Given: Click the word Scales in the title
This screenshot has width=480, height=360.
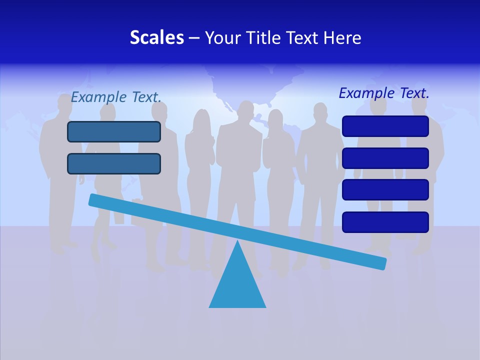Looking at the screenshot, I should click(x=156, y=37).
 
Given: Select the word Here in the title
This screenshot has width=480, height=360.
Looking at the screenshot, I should click(x=342, y=37).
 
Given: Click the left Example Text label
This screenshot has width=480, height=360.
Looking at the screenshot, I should click(x=116, y=97).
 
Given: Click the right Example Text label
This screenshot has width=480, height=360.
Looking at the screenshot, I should click(x=384, y=93).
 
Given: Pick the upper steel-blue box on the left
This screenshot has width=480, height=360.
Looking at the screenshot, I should click(x=114, y=131).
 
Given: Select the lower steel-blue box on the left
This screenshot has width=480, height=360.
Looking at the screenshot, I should click(x=114, y=163).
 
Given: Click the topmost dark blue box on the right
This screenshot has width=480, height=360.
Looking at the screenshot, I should click(x=385, y=126).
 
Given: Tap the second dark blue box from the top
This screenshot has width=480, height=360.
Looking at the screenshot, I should click(x=385, y=158).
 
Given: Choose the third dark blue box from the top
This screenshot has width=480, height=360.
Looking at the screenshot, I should click(x=385, y=189).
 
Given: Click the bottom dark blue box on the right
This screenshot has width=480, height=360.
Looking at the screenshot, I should click(x=385, y=222).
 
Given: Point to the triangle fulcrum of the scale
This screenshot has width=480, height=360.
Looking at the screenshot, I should click(x=237, y=285).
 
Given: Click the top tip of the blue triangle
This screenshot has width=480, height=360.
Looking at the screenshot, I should click(x=237, y=242).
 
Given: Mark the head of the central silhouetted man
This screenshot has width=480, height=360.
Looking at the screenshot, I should click(x=246, y=111).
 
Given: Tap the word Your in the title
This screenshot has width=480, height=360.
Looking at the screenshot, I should click(x=220, y=37).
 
